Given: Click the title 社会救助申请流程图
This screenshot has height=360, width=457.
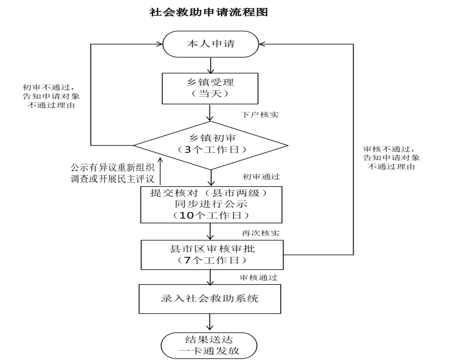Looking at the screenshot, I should [x=209, y=12].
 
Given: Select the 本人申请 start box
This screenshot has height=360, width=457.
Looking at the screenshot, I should [x=211, y=44].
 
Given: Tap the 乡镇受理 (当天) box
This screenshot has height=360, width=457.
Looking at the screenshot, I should [x=210, y=88].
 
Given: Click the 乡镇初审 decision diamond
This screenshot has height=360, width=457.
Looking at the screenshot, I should [x=211, y=144].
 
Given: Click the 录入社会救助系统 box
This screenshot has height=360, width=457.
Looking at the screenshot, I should [x=210, y=299].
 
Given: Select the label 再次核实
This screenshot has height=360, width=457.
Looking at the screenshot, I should [x=261, y=233].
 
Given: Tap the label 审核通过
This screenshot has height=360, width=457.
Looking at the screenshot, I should [x=259, y=277].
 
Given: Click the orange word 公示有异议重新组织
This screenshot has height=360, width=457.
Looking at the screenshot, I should [x=113, y=168].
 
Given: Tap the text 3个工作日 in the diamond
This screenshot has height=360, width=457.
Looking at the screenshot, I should [x=211, y=150].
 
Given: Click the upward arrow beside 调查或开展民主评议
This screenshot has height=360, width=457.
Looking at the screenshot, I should [x=160, y=172].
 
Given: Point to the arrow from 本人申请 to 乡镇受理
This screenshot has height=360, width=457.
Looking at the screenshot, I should [x=211, y=65].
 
